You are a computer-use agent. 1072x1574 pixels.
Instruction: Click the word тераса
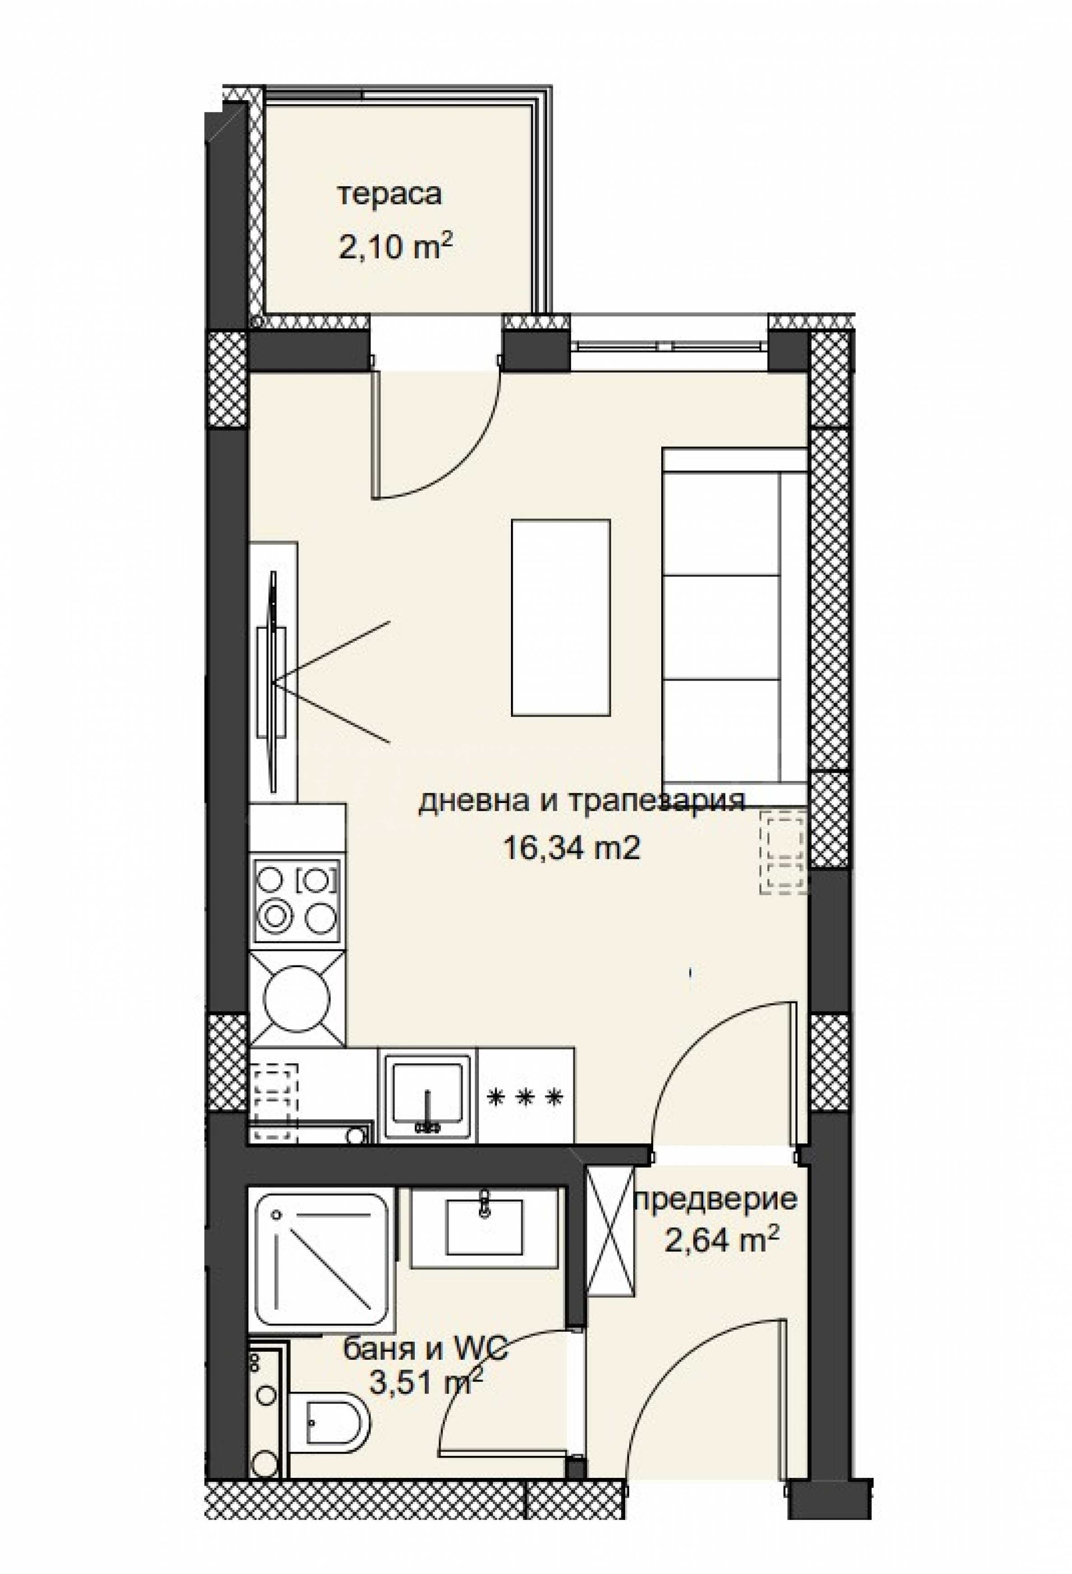tap(390, 195)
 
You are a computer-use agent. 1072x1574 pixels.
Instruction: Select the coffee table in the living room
tap(561, 618)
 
